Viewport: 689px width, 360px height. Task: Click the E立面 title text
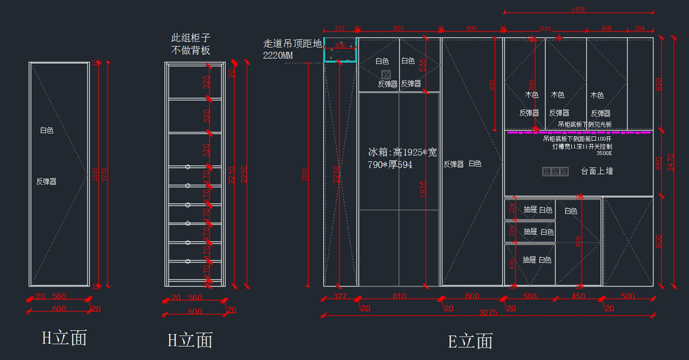pyautogui.click(x=470, y=341)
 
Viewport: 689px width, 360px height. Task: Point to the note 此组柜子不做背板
pyautogui.click(x=191, y=44)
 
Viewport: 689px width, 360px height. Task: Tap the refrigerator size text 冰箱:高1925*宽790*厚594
pyautogui.click(x=402, y=158)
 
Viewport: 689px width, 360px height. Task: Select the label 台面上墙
pyautogui.click(x=597, y=171)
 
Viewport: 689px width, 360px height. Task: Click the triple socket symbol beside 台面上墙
pyautogui.click(x=555, y=172)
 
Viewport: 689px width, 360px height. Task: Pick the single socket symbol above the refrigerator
pyautogui.click(x=386, y=74)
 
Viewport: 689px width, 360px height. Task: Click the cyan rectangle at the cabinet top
pyautogui.click(x=340, y=49)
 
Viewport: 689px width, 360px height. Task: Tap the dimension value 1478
pyautogui.click(x=578, y=9)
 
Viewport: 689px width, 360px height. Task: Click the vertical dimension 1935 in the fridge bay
pyautogui.click(x=423, y=189)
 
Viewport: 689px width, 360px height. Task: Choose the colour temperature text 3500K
pyautogui.click(x=604, y=153)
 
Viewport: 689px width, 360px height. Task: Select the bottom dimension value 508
pyautogui.click(x=529, y=296)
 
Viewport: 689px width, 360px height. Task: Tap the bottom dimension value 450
pyautogui.click(x=578, y=296)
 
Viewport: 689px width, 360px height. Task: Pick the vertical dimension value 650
pyautogui.click(x=659, y=162)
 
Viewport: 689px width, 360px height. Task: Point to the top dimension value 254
pyautogui.click(x=640, y=28)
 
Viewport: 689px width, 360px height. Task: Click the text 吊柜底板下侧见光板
pyautogui.click(x=585, y=125)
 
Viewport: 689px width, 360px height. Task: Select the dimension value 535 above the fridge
pyautogui.click(x=423, y=64)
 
